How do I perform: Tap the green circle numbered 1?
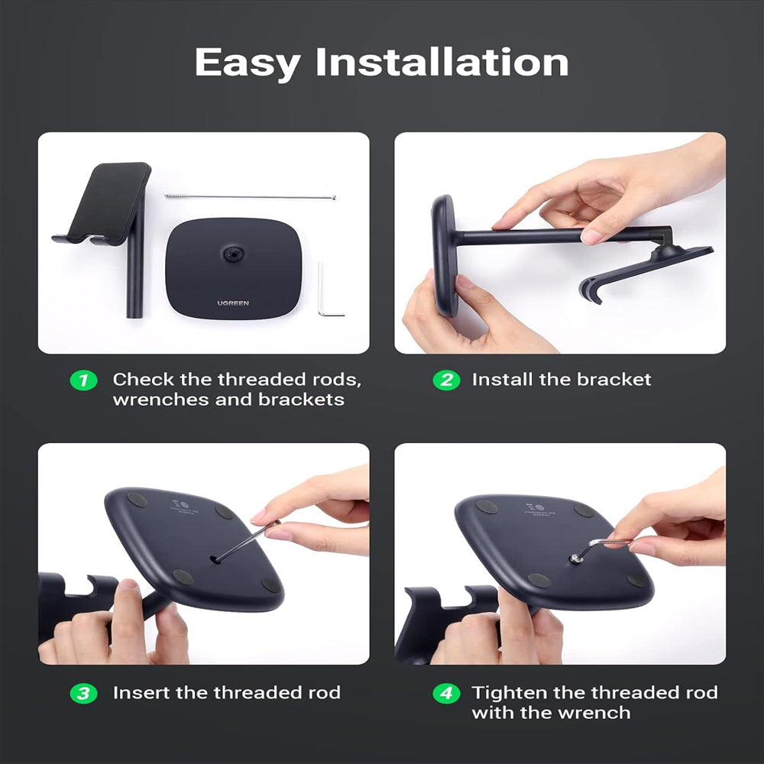83,380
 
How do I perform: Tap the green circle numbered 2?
446,380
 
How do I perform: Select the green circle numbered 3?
83,693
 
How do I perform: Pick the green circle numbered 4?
446,693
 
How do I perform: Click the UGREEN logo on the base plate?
232,303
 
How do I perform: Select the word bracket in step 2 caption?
614,380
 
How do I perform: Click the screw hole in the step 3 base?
216,559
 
